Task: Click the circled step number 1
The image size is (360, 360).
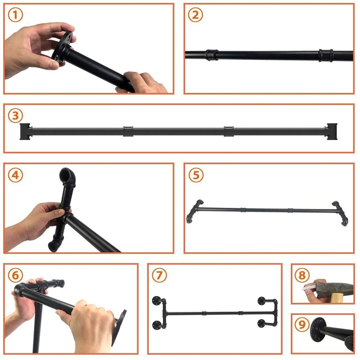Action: pyautogui.click(x=15, y=15)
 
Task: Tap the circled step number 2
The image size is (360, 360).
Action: pyautogui.click(x=195, y=15)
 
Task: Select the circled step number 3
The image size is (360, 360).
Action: pyautogui.click(x=15, y=116)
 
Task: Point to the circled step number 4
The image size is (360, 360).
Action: pyautogui.click(x=15, y=175)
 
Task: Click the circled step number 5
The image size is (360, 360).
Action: pyautogui.click(x=196, y=175)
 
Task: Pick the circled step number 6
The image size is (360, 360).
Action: pyautogui.click(x=15, y=275)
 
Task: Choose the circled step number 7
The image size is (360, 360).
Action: pyautogui.click(x=159, y=275)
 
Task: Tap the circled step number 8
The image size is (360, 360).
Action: pyautogui.click(x=302, y=275)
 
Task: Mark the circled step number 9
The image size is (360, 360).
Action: pyautogui.click(x=302, y=325)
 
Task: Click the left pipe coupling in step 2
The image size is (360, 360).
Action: pyautogui.click(x=212, y=55)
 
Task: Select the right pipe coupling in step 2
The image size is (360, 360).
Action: pyautogui.click(x=326, y=55)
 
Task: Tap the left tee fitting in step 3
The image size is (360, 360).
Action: pyautogui.click(x=25, y=131)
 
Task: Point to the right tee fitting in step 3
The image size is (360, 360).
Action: pyautogui.click(x=331, y=131)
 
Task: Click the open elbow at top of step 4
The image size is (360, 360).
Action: pyautogui.click(x=68, y=175)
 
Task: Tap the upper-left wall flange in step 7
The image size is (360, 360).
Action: pyautogui.click(x=157, y=301)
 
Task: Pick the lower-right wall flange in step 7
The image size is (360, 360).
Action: pyautogui.click(x=261, y=324)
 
